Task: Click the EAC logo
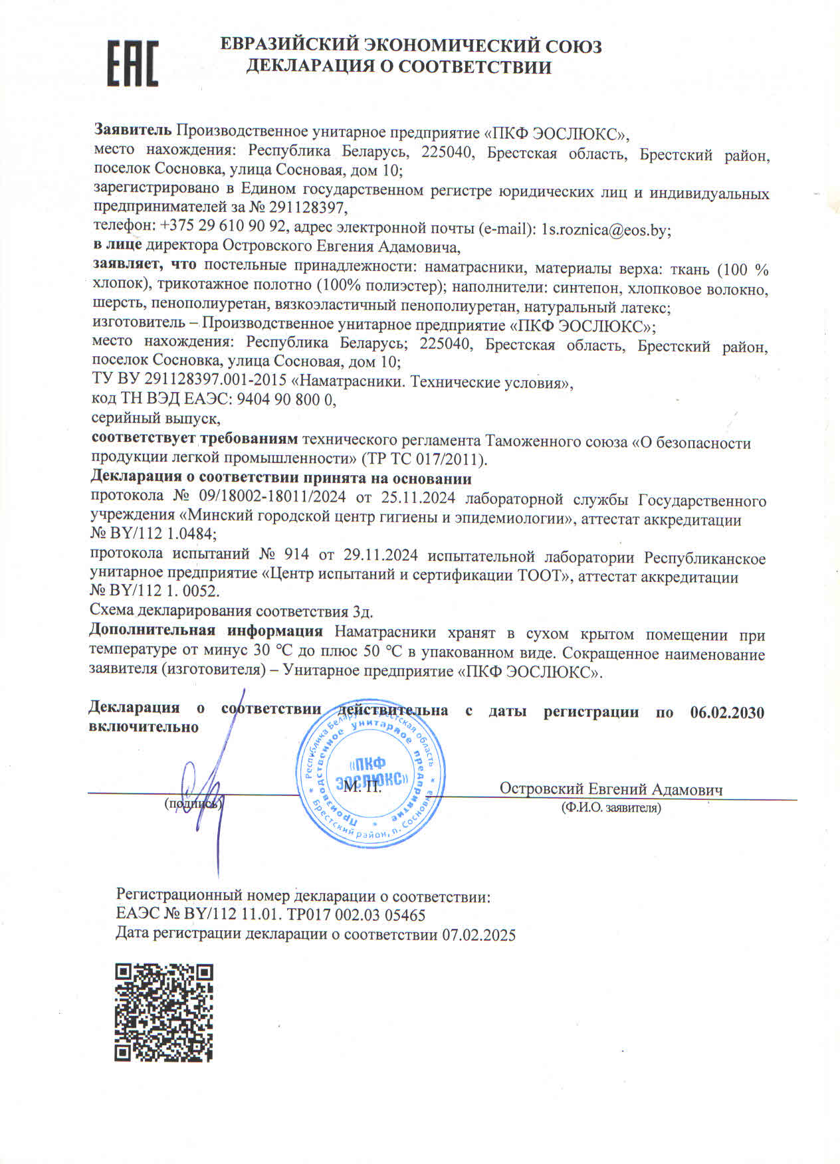pos(133,64)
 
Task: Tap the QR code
pos(163,1012)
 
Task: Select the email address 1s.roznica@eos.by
pos(605,229)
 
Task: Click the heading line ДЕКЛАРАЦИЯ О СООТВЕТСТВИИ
pos(399,66)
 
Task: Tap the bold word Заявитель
pos(133,130)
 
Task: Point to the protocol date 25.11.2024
pos(419,498)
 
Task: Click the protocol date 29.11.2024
pos(381,556)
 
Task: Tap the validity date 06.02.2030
pos(727,712)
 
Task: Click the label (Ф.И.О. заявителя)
pos(611,808)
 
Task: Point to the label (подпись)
pos(193,804)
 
